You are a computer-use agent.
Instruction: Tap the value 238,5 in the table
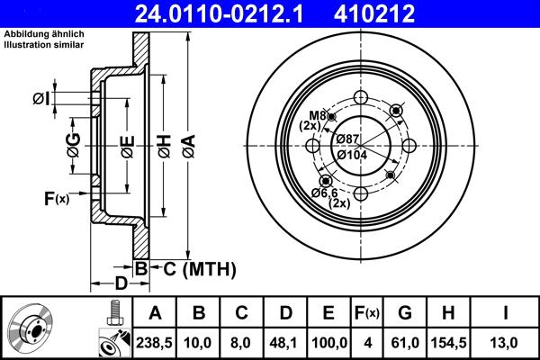click(156, 343)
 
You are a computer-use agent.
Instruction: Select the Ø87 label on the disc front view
click(349, 138)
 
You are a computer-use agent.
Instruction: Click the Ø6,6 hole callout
click(325, 193)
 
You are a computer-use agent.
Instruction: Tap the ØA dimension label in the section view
click(187, 141)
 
